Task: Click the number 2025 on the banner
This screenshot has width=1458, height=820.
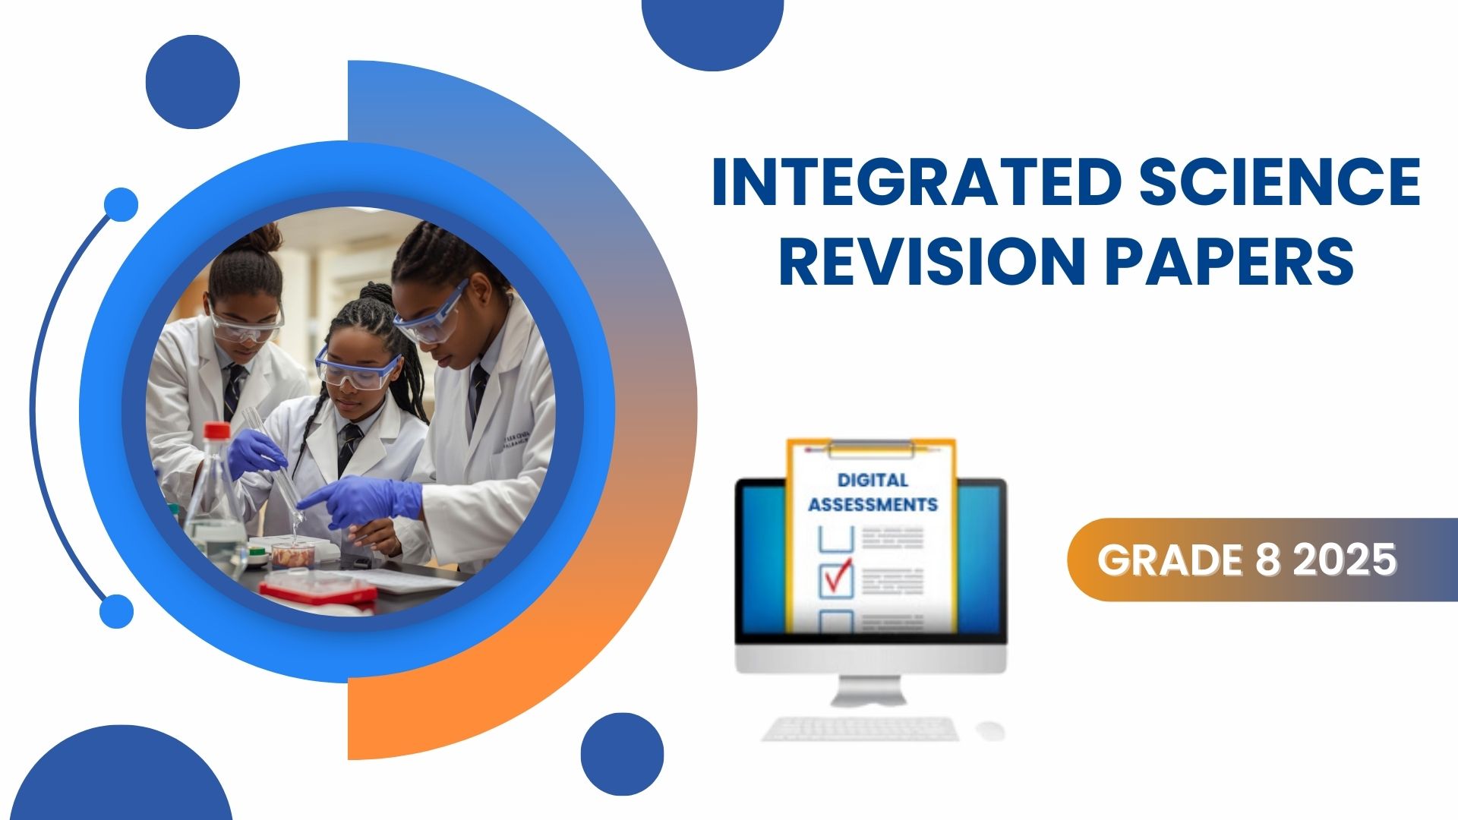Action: click(1345, 560)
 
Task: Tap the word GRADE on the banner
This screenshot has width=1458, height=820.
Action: click(1169, 560)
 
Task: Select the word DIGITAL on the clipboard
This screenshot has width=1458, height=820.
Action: click(873, 480)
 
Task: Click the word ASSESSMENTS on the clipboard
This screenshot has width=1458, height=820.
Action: click(873, 504)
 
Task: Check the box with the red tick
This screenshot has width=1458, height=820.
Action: click(836, 580)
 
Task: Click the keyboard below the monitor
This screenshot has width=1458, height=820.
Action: click(860, 729)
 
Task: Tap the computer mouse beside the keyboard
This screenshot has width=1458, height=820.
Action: click(990, 730)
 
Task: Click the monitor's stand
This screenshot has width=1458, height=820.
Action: click(870, 689)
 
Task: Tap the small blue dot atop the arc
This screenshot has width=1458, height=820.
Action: click(121, 204)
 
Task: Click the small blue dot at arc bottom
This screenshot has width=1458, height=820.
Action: click(117, 611)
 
